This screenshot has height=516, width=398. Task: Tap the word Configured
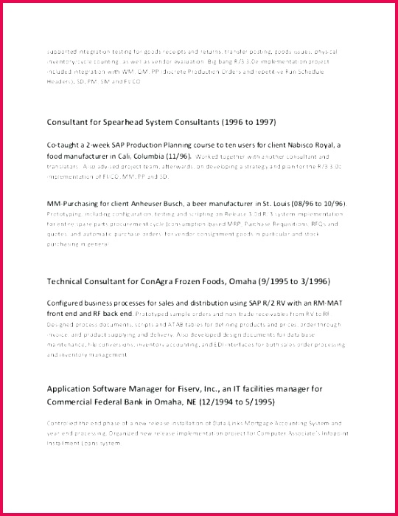68,303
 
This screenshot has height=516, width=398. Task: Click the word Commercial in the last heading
72,402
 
